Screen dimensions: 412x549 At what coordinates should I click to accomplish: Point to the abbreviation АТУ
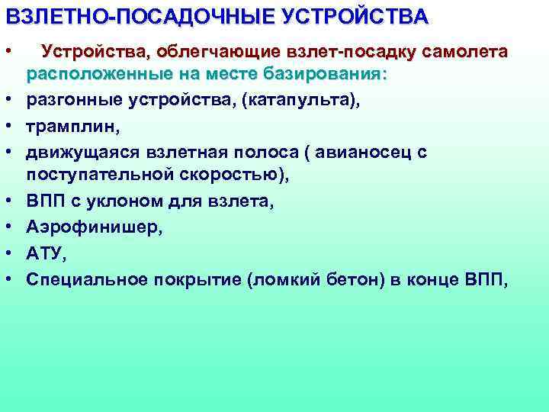(x=45, y=252)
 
